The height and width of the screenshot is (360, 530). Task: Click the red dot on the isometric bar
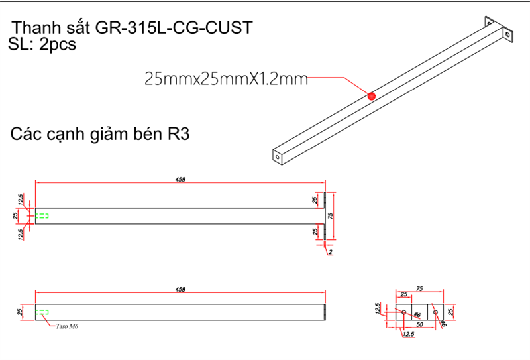[x=371, y=96]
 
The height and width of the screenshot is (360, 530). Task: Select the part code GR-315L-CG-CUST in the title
[x=174, y=29]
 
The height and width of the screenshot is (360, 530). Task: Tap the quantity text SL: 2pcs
[x=43, y=45]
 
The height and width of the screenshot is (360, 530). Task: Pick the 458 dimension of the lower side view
[x=180, y=289]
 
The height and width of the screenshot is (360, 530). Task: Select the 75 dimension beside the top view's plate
[x=331, y=215]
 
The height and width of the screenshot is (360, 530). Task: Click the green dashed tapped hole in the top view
[x=42, y=216]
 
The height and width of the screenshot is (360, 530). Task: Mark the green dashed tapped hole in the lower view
[x=42, y=312]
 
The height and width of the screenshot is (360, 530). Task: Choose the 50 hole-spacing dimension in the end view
[x=419, y=324]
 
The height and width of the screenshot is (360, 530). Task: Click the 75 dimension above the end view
[x=419, y=289]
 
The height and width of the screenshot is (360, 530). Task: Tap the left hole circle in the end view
[x=403, y=312]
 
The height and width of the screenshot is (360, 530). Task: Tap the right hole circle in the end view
[x=435, y=312]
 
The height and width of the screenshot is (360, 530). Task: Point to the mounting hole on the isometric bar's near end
[x=276, y=157]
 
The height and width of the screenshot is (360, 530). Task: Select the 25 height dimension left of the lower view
[x=20, y=312]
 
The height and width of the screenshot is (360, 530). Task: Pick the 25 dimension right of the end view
[x=451, y=312]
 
